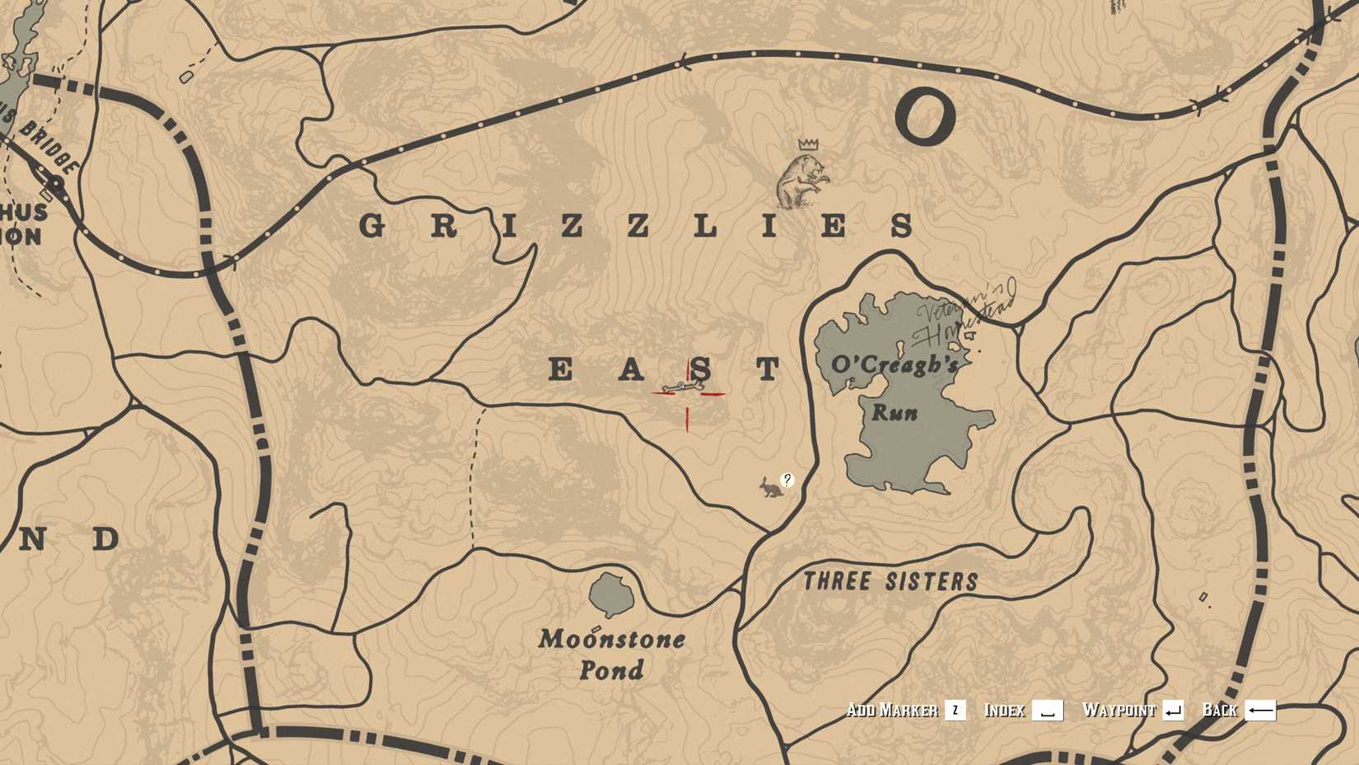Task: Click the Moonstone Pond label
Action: point(611,655)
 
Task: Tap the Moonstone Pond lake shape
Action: point(610,594)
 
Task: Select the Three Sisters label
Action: point(890,581)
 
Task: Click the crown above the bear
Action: point(808,144)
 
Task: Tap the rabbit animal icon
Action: point(771,488)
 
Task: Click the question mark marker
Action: point(787,480)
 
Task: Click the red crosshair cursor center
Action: point(688,394)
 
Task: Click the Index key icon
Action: point(1048,711)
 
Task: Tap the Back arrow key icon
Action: point(1260,711)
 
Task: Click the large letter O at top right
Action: point(925,118)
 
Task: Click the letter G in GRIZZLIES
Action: point(373,226)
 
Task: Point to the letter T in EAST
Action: point(769,369)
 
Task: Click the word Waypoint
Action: point(1118,711)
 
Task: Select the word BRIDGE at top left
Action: point(49,148)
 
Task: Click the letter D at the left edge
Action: point(105,540)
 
